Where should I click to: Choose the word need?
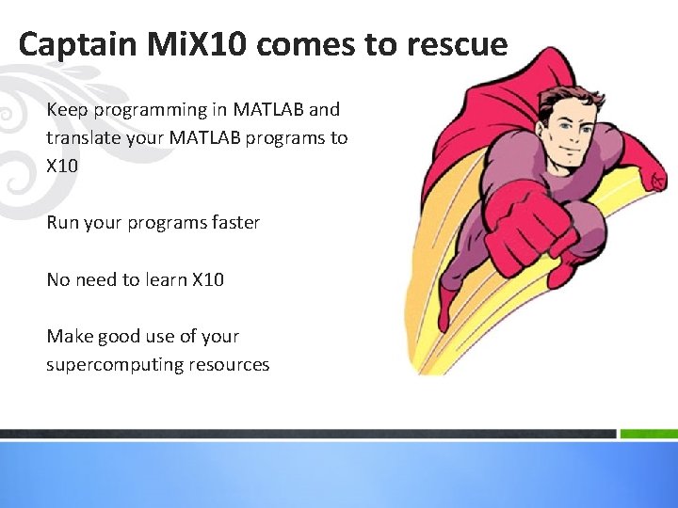point(98,279)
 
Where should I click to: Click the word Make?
point(69,336)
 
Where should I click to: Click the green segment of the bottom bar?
point(649,434)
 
